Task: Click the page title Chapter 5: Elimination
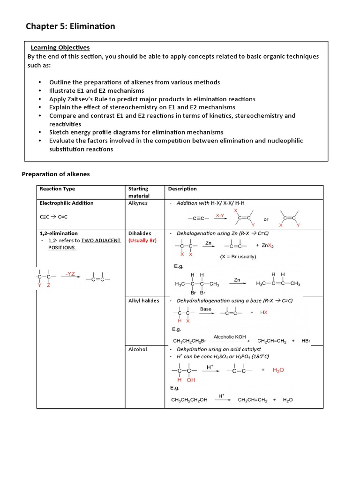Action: pos(70,26)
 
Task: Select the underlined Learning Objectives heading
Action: pos(60,47)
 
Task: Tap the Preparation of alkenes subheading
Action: pos(56,174)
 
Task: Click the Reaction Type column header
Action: pos(57,189)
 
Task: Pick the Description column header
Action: pos(182,189)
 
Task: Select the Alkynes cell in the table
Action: pos(138,203)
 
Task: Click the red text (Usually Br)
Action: pos(142,240)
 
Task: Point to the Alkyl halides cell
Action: pos(143,300)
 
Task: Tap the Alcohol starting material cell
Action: pos(137,349)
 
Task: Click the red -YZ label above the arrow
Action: pos(70,274)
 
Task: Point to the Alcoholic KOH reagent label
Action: pos(229,337)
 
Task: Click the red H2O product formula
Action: pos(278,370)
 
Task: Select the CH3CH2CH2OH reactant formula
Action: pos(191,400)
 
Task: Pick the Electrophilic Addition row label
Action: pos(67,203)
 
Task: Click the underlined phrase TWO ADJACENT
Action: pos(101,240)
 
